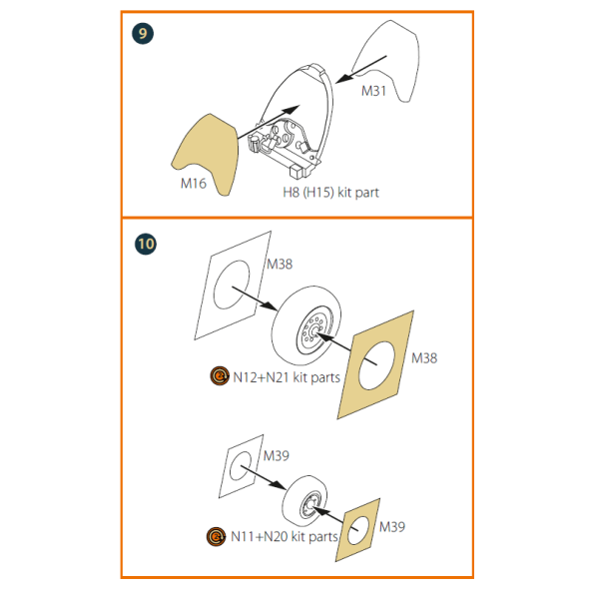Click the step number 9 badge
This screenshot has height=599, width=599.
(x=143, y=34)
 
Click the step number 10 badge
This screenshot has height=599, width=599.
(x=146, y=245)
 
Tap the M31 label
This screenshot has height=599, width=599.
(x=373, y=91)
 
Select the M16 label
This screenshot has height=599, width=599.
(x=194, y=184)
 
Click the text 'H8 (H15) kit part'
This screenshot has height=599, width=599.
(x=330, y=192)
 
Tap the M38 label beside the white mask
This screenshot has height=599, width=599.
(x=280, y=264)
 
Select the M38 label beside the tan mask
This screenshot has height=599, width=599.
(x=424, y=358)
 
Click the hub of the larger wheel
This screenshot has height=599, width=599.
(x=314, y=330)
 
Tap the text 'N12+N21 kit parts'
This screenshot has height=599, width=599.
(x=287, y=377)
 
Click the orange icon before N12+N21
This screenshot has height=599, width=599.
(x=220, y=376)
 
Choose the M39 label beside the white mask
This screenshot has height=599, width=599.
(x=277, y=456)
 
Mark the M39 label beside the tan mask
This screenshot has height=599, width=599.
(x=392, y=527)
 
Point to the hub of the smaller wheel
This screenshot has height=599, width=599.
(x=309, y=505)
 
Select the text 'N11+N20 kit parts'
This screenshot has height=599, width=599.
(x=285, y=537)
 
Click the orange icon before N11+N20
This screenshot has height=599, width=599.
(x=216, y=536)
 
